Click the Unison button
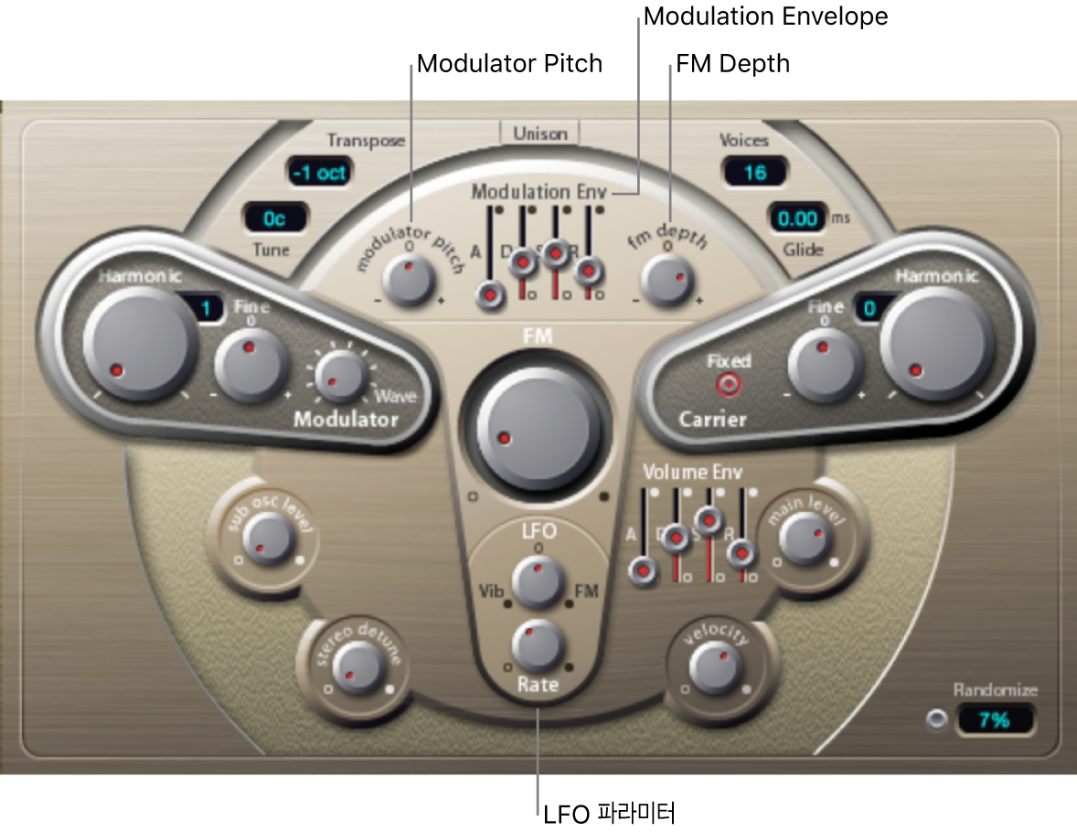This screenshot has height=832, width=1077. [539, 133]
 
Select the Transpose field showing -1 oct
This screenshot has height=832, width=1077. [319, 173]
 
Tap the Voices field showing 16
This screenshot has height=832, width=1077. [754, 172]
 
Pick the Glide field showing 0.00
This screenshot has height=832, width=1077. [797, 219]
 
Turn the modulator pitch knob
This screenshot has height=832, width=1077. [408, 279]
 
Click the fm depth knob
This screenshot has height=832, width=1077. [666, 279]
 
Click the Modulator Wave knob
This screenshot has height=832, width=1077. [336, 376]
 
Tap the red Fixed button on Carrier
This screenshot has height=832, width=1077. [728, 386]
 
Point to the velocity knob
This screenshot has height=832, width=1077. [715, 670]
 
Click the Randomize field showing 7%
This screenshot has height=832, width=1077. [995, 720]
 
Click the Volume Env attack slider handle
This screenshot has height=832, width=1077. [645, 571]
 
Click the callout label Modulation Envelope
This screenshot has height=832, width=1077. [765, 16]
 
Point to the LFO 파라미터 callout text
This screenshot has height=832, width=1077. [608, 813]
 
